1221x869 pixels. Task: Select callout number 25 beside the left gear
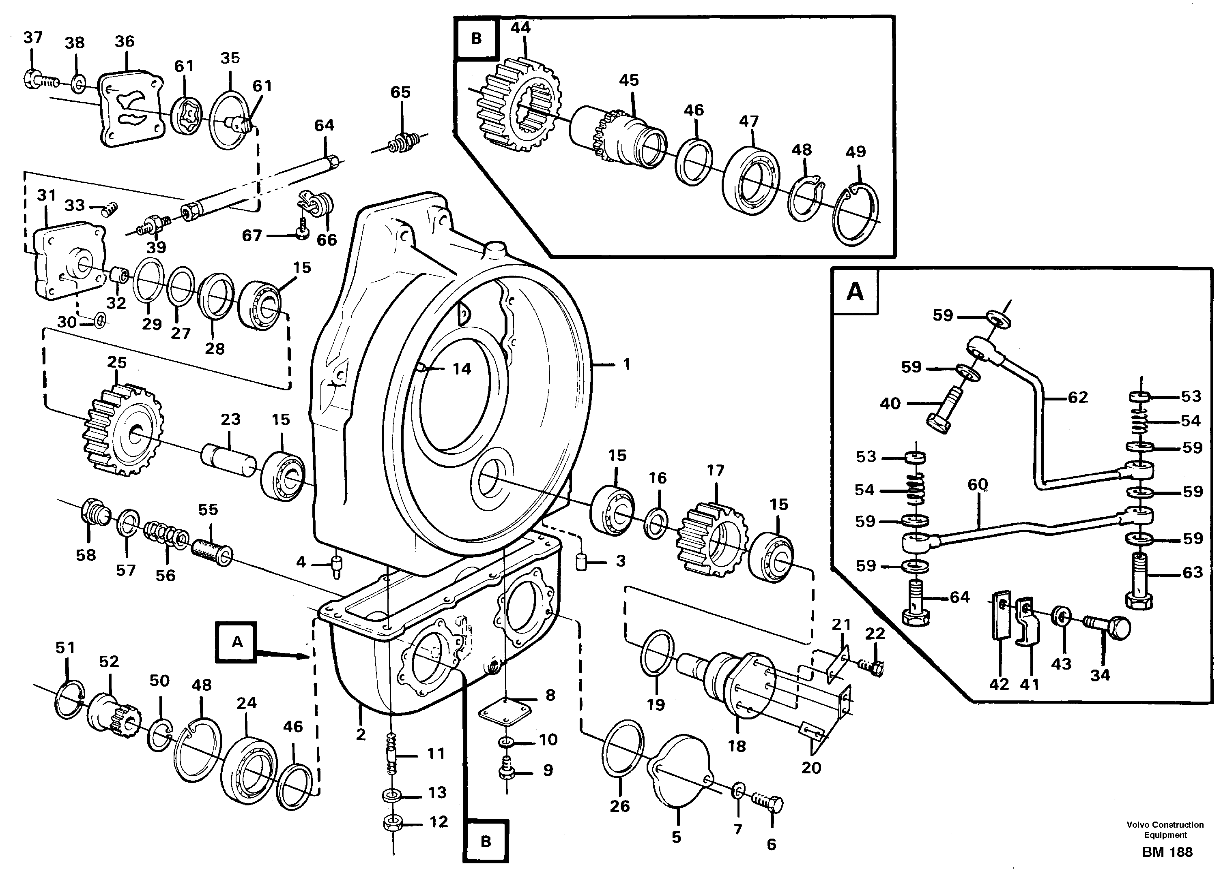pos(117,363)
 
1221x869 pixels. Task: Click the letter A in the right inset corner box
pos(855,292)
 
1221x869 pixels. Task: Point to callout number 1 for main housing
pos(626,364)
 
